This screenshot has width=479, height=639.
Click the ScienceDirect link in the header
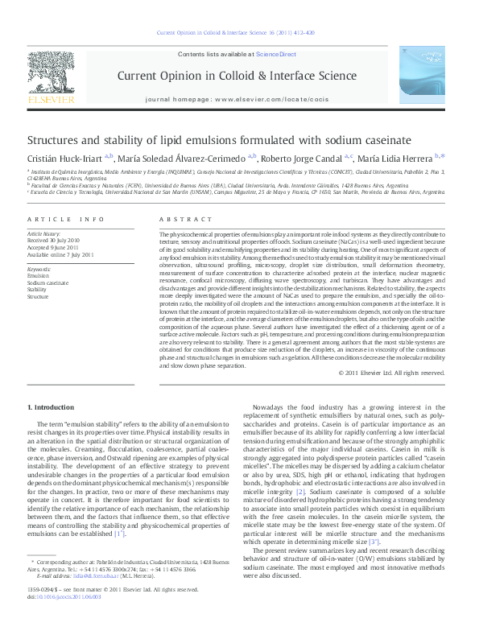point(276,54)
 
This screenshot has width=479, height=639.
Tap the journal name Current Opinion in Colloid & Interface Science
point(237,76)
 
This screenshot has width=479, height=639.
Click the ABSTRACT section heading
point(179,219)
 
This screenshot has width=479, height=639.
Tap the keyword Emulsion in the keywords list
point(39,276)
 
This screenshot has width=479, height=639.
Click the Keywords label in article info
point(39,269)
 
